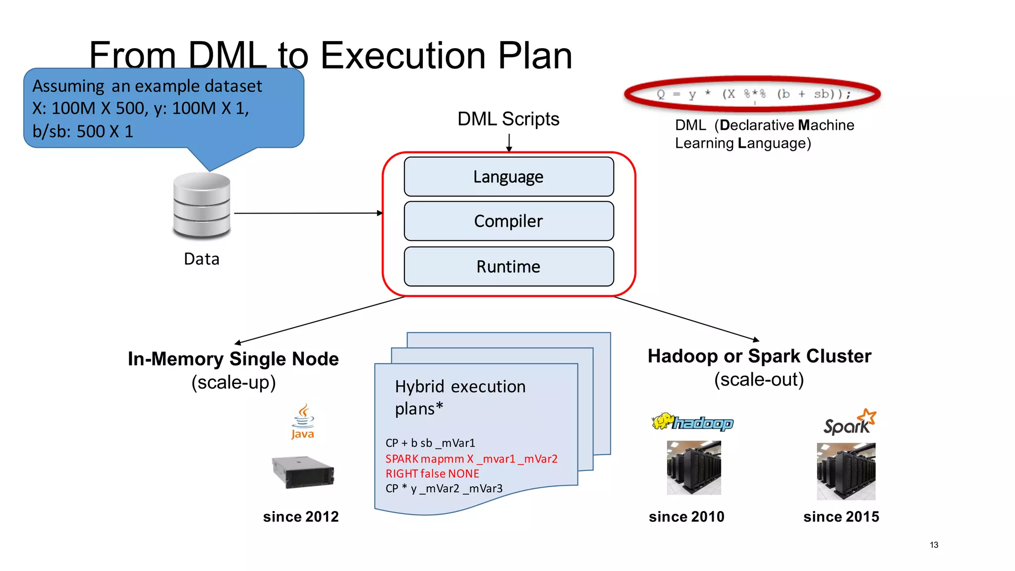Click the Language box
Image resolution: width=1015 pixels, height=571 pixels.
[508, 177]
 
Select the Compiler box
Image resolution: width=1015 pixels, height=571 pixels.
[508, 221]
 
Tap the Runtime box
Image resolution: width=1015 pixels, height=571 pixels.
[508, 267]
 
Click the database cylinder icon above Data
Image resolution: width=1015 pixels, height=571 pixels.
[202, 205]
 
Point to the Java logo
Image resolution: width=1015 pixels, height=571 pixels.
[303, 422]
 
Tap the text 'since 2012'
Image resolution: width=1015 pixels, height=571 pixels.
[301, 516]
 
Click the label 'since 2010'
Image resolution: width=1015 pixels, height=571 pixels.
[686, 516]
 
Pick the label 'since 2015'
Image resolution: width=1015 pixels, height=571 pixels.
[841, 516]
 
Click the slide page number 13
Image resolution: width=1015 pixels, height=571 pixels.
[934, 545]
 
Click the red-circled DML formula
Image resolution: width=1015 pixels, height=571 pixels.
[753, 94]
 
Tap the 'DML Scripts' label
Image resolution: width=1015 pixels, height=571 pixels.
[508, 119]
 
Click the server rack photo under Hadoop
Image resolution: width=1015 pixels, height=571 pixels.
[694, 467]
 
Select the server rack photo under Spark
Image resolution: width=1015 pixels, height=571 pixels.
[846, 471]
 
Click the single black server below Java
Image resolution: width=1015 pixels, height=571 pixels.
[303, 472]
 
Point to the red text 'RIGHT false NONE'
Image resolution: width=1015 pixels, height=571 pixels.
[432, 474]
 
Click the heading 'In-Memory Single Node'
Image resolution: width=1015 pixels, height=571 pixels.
[233, 359]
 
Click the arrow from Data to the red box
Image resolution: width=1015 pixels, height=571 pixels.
[307, 213]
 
